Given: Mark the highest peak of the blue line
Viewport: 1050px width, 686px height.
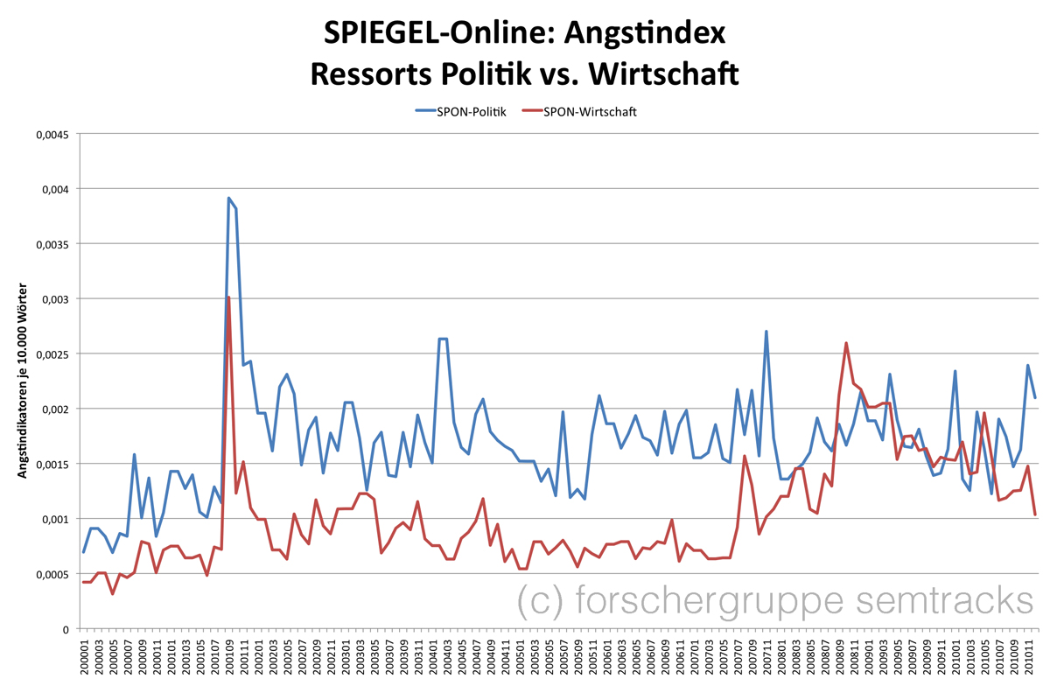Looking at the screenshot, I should point(228,198).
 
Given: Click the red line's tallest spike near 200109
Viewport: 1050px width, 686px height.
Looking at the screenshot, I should point(228,297).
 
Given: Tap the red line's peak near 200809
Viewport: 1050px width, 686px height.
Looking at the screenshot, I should point(846,343).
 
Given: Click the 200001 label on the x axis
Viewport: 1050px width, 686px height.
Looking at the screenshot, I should point(85,656).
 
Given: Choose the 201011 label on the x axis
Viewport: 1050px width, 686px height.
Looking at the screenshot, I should point(1027,656).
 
